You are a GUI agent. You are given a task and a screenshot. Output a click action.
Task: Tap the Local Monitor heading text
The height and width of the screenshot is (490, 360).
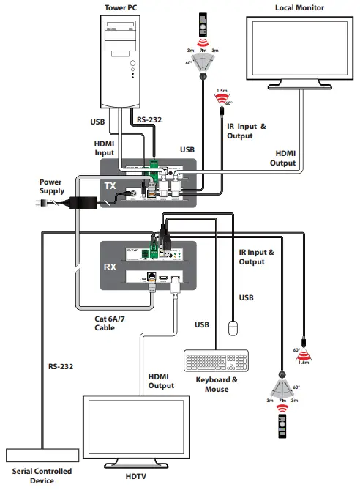pos(300,8)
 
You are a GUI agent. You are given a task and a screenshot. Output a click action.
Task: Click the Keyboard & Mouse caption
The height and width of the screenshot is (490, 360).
pos(217,385)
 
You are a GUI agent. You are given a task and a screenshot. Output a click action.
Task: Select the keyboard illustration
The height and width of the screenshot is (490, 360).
pos(217,362)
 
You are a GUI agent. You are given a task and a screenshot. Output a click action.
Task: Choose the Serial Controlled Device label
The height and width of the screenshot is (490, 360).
pos(42,476)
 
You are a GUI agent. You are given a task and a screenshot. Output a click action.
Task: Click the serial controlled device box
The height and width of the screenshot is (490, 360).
pos(42,456)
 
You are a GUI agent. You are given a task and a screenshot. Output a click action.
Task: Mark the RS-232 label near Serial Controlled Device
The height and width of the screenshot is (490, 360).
pos(61,366)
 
